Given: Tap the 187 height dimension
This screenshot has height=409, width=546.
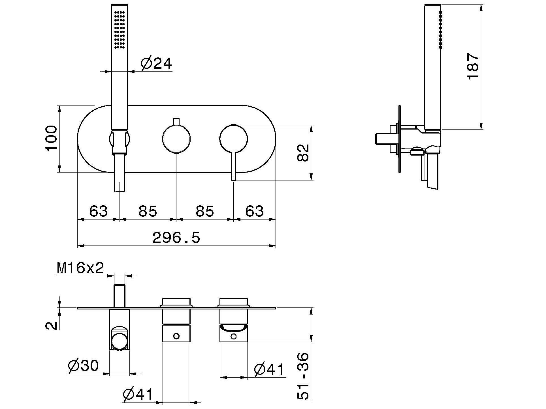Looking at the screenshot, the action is coord(473,67).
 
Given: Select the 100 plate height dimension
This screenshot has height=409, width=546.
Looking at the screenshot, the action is coord(52,139).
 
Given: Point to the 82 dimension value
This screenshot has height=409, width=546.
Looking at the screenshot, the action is coord(303,153).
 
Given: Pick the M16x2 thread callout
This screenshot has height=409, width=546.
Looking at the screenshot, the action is coord(80,268).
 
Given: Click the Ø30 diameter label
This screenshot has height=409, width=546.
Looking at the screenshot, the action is coord(83,365).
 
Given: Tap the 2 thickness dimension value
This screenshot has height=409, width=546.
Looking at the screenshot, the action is coord(52,326).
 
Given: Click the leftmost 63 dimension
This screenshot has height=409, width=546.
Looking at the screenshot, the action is coord(99,211).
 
